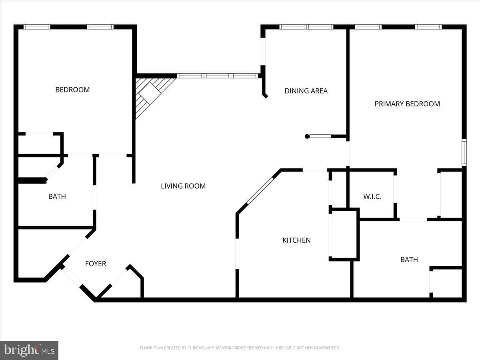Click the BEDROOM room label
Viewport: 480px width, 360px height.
point(72,90)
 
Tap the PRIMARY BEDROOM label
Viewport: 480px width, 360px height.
point(407,104)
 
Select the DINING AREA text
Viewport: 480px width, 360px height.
point(306,91)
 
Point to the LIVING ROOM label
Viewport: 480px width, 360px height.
point(183,186)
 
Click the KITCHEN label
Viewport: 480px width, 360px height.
point(296,240)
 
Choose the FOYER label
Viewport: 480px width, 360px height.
point(96,264)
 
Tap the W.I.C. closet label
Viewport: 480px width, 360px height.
point(372,196)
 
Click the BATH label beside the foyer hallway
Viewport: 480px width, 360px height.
point(57,196)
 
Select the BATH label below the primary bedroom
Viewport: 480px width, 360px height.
point(409,260)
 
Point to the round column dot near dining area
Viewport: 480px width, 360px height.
point(307,136)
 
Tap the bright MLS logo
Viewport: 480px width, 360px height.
point(29,350)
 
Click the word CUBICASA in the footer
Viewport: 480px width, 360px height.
point(196,348)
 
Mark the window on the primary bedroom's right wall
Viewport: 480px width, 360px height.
point(464,152)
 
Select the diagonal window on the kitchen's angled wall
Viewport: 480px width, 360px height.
point(260,191)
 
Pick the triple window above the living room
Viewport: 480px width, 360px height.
point(218,76)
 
